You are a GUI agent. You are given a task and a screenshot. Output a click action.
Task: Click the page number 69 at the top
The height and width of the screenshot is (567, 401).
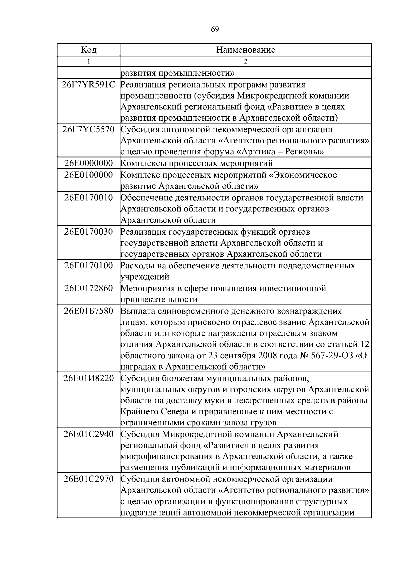[x=215, y=29]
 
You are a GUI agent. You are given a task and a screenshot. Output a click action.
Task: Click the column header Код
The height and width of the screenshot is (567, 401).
[x=89, y=50]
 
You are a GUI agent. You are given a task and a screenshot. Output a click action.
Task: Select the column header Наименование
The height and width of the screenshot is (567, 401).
[x=246, y=50]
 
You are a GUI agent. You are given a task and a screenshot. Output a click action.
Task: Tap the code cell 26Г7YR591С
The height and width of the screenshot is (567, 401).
[x=89, y=85]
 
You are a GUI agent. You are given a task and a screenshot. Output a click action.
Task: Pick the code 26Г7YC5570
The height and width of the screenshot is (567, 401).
[x=89, y=129]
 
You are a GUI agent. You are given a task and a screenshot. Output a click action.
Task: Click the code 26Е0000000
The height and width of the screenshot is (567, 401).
[x=89, y=163]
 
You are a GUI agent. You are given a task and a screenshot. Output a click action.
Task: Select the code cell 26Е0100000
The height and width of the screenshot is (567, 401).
[x=89, y=175]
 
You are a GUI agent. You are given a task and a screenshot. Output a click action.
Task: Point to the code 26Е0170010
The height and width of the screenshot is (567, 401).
[x=89, y=198]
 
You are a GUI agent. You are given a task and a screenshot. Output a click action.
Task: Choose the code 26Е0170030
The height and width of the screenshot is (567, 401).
[x=89, y=232]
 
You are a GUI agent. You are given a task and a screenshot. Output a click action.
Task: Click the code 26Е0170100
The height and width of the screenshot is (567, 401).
[x=89, y=266]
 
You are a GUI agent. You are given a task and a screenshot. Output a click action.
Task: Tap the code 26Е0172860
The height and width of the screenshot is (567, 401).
[x=89, y=288]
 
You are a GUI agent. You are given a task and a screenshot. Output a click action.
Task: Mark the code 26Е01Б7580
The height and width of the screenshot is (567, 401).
[x=89, y=311]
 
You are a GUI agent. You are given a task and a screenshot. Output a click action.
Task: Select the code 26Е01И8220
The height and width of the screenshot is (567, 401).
[x=89, y=378]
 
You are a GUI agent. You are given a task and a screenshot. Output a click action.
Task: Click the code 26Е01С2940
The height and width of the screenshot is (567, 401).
[x=89, y=434]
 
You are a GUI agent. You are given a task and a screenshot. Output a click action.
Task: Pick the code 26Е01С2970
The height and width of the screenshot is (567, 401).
[x=89, y=479]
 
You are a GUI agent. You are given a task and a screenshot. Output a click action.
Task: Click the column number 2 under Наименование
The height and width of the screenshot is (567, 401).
[x=246, y=61]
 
